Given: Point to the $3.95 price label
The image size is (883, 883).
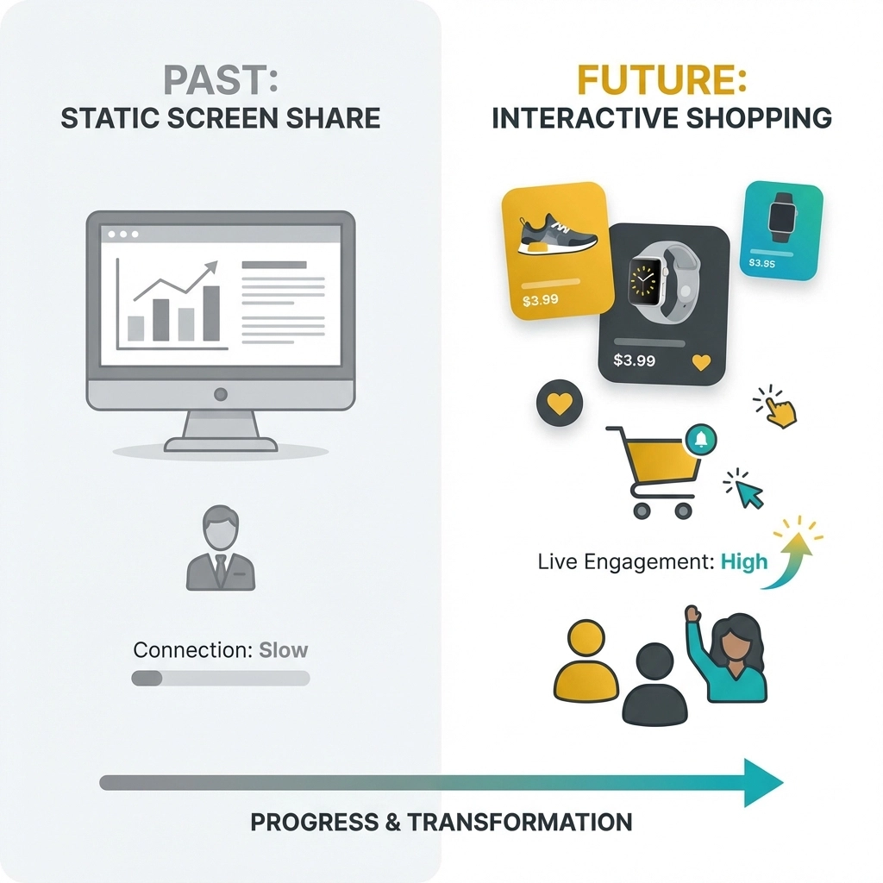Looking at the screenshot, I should point(761,262).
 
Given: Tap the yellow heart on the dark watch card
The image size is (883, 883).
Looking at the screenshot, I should point(701,363).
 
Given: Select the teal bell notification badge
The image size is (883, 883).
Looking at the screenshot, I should point(700,440).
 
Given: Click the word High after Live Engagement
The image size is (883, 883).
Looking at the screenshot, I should point(743,562).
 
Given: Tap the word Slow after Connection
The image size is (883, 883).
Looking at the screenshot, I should point(283,649).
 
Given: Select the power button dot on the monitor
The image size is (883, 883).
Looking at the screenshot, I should point(221,394).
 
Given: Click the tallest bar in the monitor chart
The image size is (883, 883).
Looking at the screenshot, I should point(211,312).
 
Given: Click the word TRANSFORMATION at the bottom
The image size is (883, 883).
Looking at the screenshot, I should point(520,822).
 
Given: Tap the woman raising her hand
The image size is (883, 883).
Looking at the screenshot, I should point(730,655).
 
